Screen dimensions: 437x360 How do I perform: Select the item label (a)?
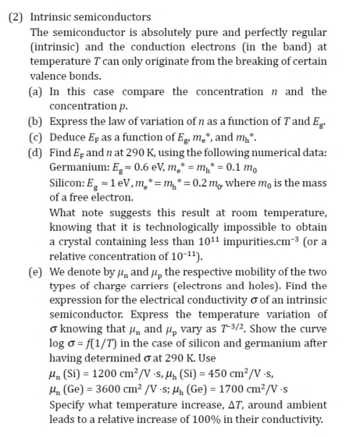[36, 92]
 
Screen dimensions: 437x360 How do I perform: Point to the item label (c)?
[36, 137]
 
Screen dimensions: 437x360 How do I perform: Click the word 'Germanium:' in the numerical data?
[78, 167]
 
